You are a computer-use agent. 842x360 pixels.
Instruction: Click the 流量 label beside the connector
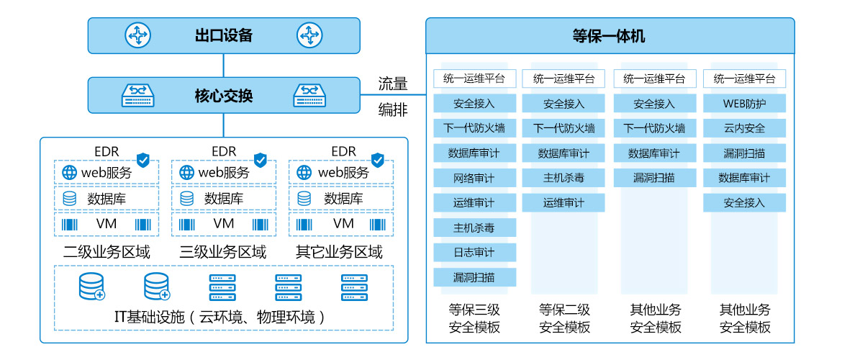393,84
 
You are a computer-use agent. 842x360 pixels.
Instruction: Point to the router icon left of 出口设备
137,35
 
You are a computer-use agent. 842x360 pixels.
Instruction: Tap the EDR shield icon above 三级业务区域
261,159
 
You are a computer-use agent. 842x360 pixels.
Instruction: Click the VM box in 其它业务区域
343,224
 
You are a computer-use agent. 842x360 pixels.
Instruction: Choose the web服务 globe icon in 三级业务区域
186,173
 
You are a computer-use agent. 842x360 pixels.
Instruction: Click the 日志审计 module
474,252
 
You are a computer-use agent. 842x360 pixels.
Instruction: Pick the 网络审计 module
474,178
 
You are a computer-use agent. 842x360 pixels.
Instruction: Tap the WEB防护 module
744,104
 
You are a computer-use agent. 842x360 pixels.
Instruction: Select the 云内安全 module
744,128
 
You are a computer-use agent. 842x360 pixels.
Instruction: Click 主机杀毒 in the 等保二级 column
563,178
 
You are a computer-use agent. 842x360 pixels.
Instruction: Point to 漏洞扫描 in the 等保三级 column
474,277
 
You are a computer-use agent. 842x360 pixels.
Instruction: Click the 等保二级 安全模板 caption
564,318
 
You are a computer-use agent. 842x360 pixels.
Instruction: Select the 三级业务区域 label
223,252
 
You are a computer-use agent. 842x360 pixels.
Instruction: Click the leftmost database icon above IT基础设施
92,287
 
